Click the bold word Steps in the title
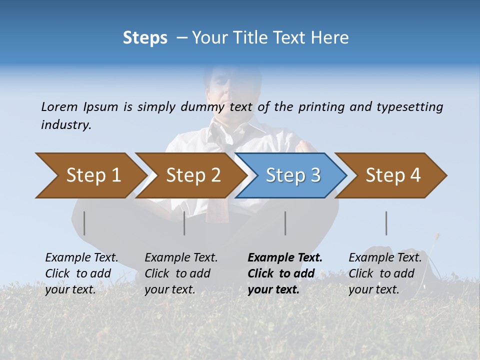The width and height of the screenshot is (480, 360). click(x=145, y=38)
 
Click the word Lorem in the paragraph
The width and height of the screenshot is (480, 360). click(x=59, y=106)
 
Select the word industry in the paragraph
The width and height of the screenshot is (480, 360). click(x=66, y=125)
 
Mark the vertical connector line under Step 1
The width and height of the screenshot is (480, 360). click(x=84, y=223)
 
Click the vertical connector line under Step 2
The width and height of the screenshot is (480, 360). click(x=184, y=223)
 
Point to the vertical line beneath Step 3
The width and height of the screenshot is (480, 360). click(x=285, y=223)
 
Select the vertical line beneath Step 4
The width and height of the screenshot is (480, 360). click(x=386, y=223)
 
